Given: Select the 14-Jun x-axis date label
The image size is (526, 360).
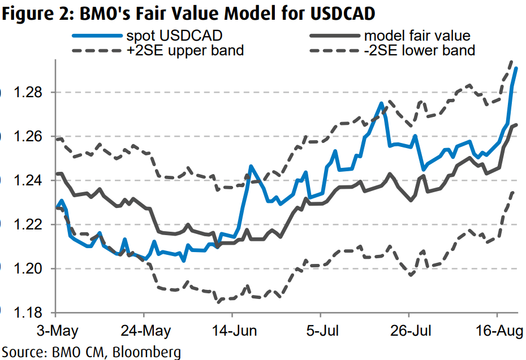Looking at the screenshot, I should coord(232,329).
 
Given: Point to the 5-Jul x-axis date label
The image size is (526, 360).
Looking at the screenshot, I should coord(321,329).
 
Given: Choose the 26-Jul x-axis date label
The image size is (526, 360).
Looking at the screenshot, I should coord(409,329).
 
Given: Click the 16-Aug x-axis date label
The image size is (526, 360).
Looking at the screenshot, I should coord(497,329).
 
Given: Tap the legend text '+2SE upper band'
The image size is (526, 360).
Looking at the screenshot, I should coord(186,50).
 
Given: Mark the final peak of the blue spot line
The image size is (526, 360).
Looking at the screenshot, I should coord(516,68).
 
